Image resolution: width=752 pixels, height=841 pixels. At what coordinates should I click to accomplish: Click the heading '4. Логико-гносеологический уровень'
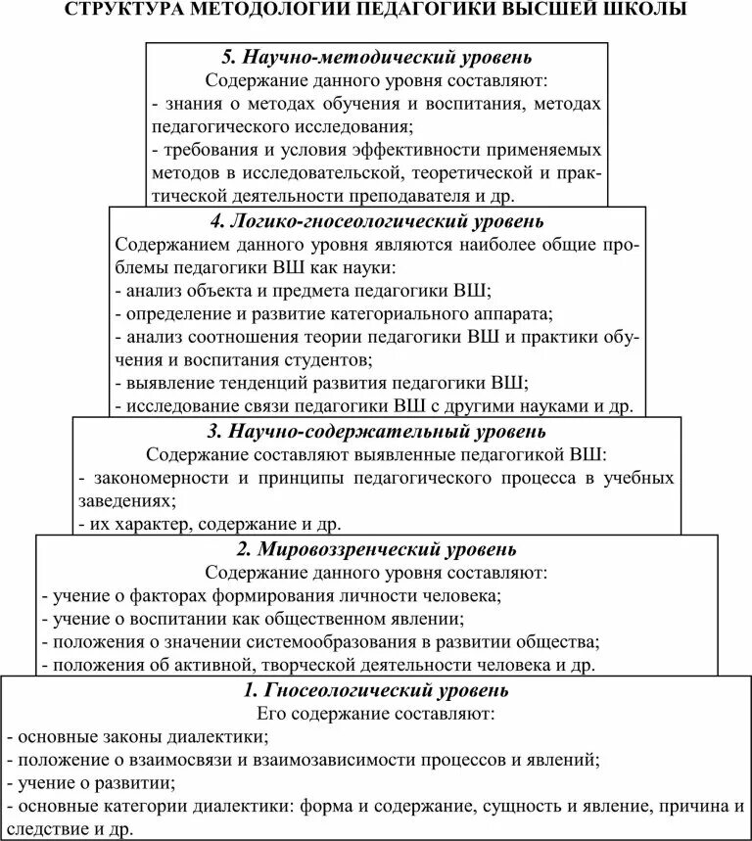pos(377,221)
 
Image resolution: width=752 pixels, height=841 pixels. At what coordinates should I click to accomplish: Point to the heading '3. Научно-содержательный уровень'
pos(377,431)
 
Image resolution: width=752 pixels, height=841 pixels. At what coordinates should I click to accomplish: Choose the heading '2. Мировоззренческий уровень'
pos(377,549)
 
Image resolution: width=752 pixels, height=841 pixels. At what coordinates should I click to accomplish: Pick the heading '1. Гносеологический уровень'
pos(377,691)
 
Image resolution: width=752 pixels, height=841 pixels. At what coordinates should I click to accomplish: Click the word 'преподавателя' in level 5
pos(469,194)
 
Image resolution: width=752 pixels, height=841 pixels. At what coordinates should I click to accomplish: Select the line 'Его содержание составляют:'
pos(377,714)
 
